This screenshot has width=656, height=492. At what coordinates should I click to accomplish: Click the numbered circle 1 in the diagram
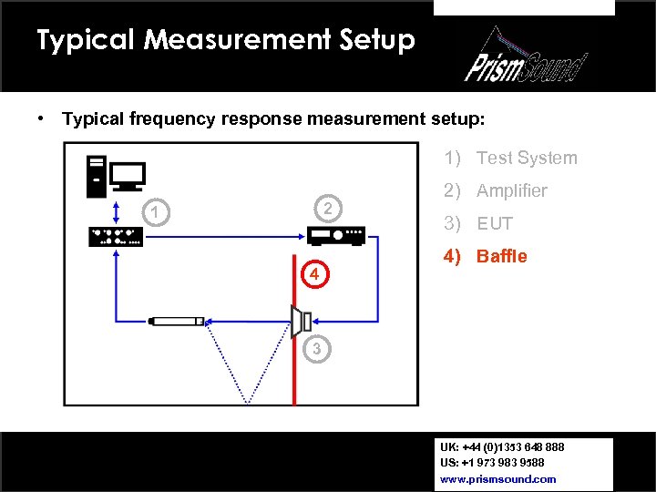pyautogui.click(x=157, y=213)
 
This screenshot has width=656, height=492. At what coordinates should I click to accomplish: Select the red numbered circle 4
pyautogui.click(x=313, y=274)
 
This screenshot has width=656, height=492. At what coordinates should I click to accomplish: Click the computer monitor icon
pyautogui.click(x=128, y=176)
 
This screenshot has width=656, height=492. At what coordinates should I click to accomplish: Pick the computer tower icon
pyautogui.click(x=96, y=177)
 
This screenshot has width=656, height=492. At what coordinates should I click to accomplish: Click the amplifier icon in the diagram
pyautogui.click(x=336, y=236)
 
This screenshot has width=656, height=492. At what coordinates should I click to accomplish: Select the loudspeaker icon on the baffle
pyautogui.click(x=301, y=321)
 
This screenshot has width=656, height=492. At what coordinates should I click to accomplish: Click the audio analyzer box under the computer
pyautogui.click(x=115, y=236)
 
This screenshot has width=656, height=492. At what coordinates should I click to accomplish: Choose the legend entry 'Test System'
pyautogui.click(x=510, y=158)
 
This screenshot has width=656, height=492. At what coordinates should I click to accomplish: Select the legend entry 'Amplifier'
pyautogui.click(x=496, y=190)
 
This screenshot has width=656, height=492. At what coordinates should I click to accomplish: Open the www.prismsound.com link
pyautogui.click(x=497, y=478)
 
